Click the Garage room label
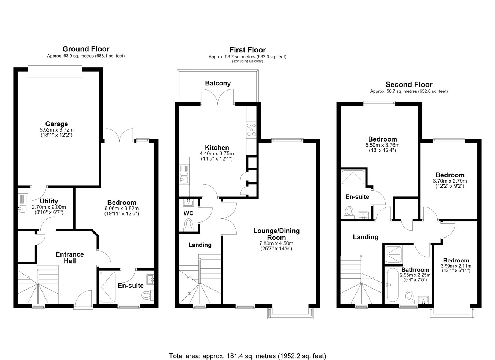[56, 124]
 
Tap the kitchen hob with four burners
[252, 130]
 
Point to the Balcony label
[218, 83]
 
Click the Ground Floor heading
[86, 49]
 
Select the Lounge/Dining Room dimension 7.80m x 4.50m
[276, 243]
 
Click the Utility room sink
[22, 208]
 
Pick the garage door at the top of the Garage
[55, 71]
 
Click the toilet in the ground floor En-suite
[148, 295]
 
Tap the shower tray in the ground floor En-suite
[108, 287]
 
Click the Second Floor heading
[409, 84]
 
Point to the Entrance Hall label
[70, 258]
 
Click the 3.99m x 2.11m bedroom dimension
[456, 266]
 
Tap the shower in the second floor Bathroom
[393, 254]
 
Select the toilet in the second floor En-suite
[349, 212]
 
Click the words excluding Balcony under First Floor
[247, 61]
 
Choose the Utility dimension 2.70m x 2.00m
[49, 207]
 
